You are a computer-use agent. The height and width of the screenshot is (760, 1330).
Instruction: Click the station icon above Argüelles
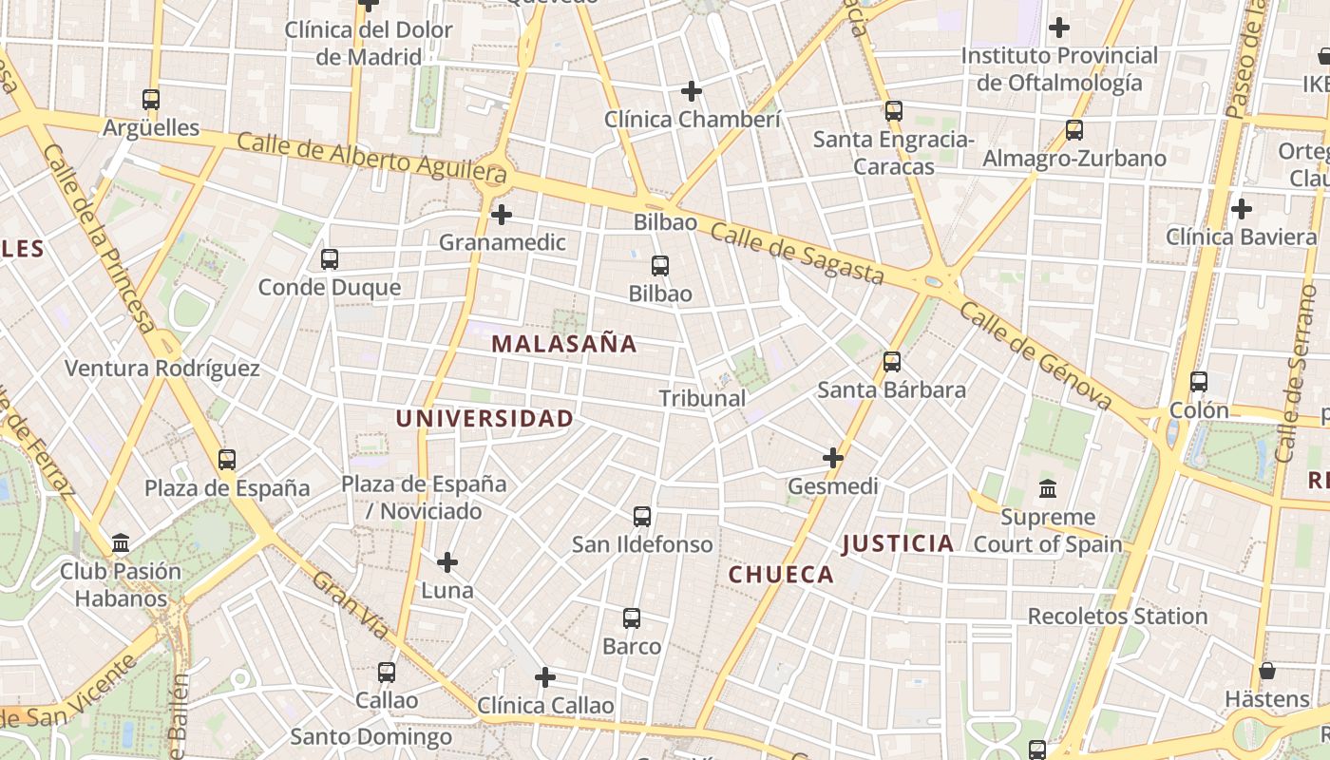point(150,99)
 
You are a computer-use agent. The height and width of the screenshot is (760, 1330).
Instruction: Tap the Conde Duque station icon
point(330,258)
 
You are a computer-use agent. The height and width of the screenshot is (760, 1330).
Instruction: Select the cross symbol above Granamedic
point(502,215)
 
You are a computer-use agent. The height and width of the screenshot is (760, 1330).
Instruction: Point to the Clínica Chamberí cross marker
point(692,91)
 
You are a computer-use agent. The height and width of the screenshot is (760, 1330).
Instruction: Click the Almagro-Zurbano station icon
point(1074,130)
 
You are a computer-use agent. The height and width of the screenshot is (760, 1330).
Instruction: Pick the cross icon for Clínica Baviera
point(1241,209)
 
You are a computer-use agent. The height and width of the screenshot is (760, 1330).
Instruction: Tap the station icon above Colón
point(1199,382)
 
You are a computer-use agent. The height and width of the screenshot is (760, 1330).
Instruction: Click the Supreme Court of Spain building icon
point(1048,489)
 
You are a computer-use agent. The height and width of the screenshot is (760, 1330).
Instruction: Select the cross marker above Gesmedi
point(833,458)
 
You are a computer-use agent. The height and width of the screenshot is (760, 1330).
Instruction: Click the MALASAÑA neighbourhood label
point(564,344)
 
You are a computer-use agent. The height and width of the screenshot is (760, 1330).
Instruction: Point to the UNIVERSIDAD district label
point(484,418)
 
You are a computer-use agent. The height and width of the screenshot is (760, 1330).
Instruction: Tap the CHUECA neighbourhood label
point(781,575)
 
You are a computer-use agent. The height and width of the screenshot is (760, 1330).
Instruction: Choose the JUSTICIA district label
point(898,543)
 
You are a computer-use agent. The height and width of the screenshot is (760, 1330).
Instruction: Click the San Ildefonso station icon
point(642,517)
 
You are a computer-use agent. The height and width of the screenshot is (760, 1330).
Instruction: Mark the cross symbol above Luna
point(447,562)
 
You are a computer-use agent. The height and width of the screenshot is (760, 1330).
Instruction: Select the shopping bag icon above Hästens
point(1266,671)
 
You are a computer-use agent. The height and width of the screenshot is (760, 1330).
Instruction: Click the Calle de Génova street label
point(1035,355)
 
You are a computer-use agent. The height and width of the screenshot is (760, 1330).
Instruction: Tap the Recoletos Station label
point(1117,617)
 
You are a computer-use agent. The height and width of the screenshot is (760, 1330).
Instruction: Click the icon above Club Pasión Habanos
point(121,543)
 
